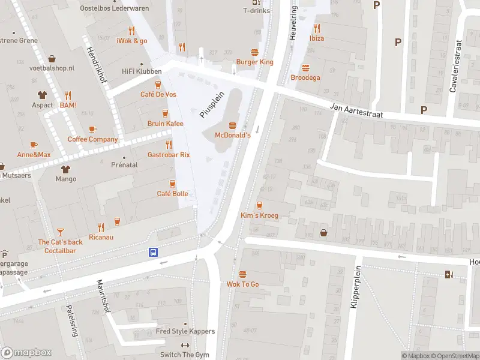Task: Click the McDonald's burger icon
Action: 232,125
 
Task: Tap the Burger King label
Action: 254,62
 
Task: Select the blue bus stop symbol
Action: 154,253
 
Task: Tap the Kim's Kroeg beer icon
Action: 259,205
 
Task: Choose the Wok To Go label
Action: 242,284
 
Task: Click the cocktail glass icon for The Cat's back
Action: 61,232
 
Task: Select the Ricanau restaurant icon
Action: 101,227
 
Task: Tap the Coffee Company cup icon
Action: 92,129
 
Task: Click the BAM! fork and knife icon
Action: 68,95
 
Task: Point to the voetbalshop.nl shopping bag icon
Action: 52,58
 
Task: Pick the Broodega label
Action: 305,77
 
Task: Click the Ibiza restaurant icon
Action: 317,28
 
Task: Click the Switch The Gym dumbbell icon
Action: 185,345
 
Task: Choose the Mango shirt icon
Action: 65,169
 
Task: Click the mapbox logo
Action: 27,352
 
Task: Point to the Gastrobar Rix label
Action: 169,154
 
